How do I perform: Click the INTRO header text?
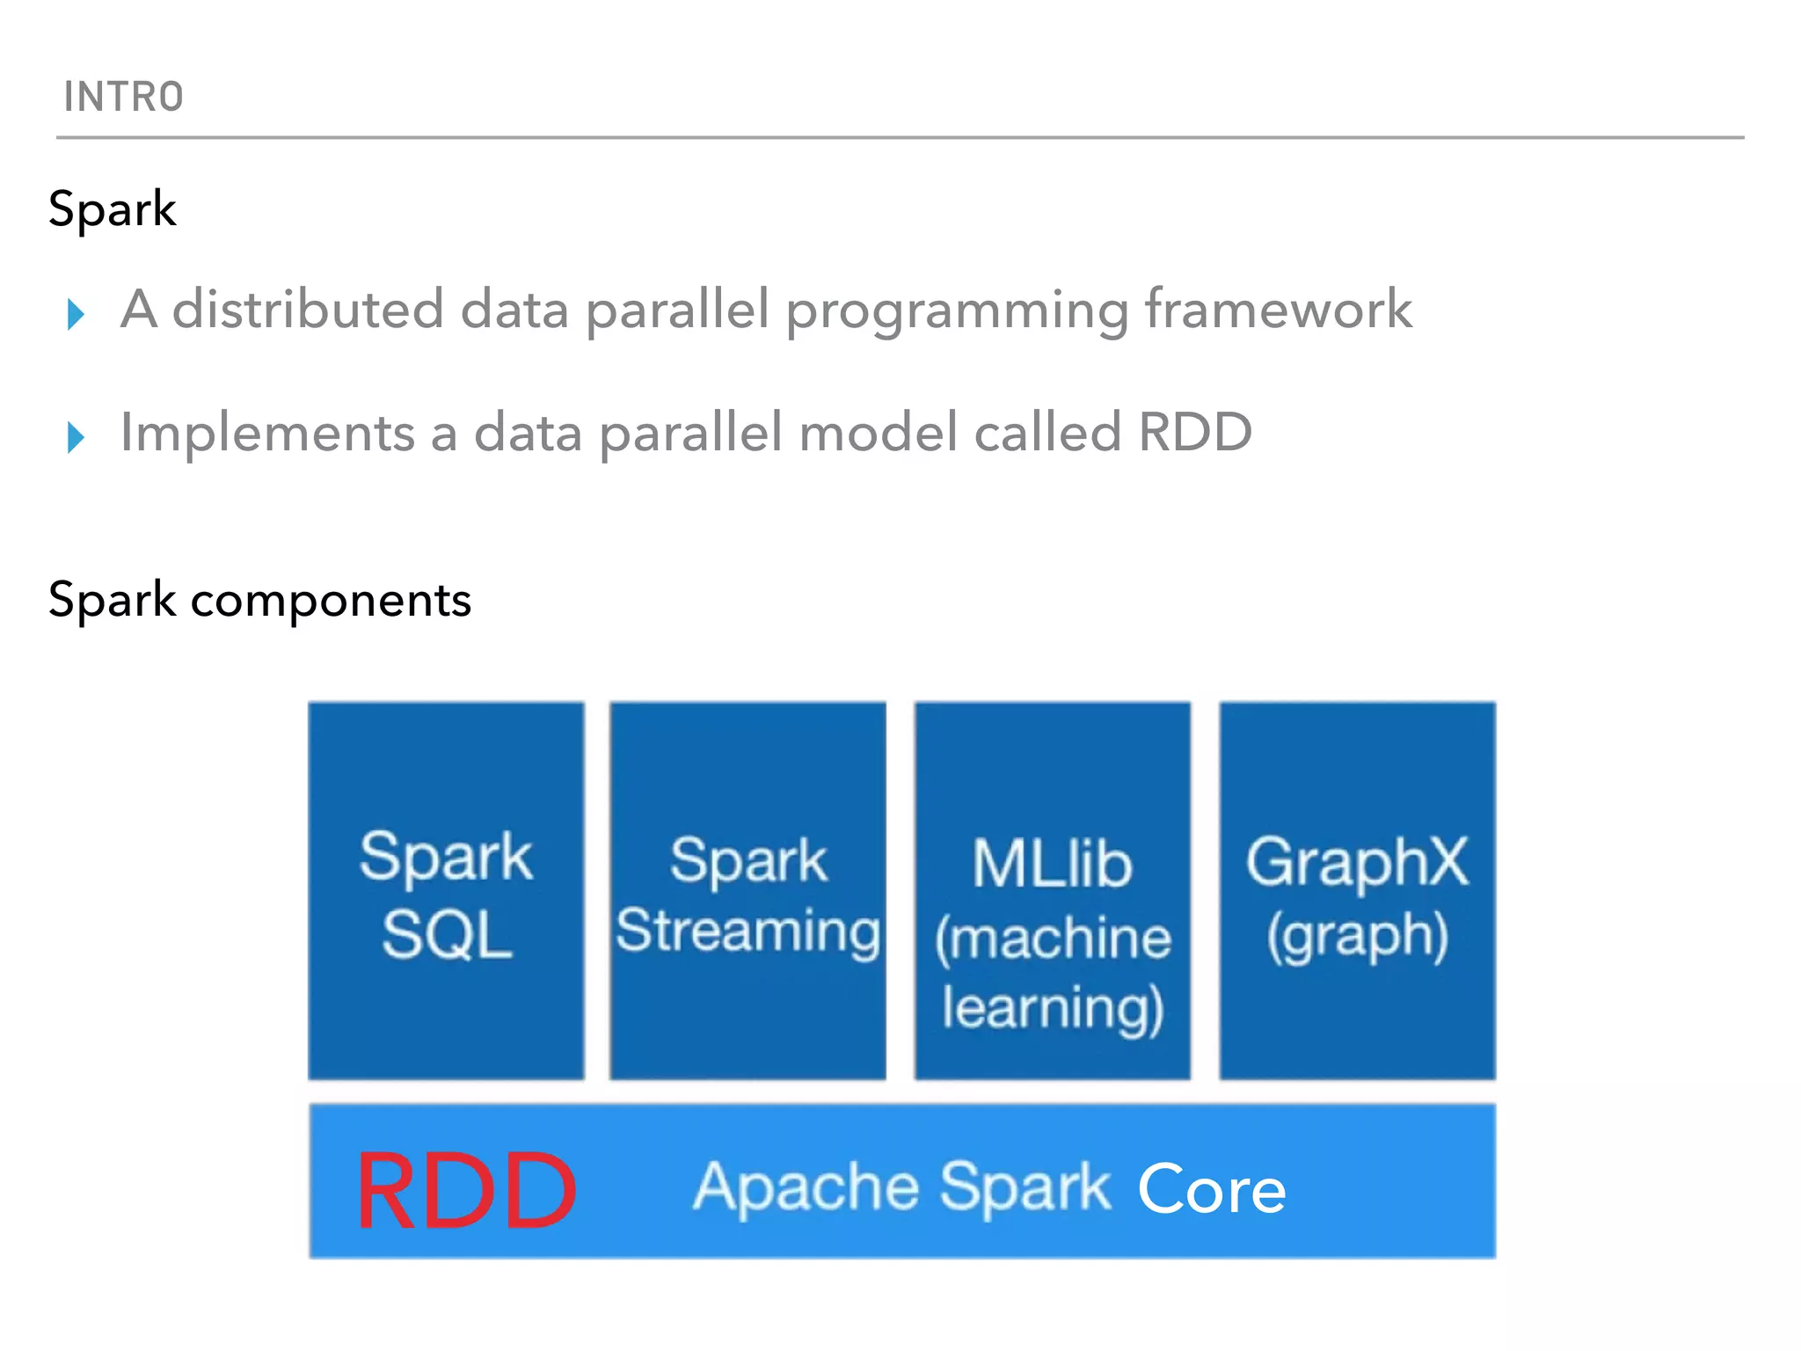tap(123, 97)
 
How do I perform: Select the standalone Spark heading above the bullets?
tap(112, 209)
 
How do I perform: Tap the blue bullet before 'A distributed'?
tap(76, 314)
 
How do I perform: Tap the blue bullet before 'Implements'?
tap(76, 437)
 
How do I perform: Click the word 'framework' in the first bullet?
tap(1278, 310)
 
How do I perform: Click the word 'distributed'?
tap(307, 310)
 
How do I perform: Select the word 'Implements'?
tap(267, 434)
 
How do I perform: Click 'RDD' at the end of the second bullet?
tap(1194, 433)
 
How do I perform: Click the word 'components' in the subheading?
tap(331, 601)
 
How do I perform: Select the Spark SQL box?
tap(446, 890)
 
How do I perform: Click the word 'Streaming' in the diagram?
tap(747, 931)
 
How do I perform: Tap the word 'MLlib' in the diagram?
tap(1052, 864)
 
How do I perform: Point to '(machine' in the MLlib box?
tap(1052, 938)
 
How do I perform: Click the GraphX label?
tap(1356, 862)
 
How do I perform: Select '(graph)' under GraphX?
tap(1357, 936)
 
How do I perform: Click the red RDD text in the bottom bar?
tap(465, 1191)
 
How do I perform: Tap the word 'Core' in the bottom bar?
tap(1211, 1189)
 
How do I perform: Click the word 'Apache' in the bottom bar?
tap(806, 1187)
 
